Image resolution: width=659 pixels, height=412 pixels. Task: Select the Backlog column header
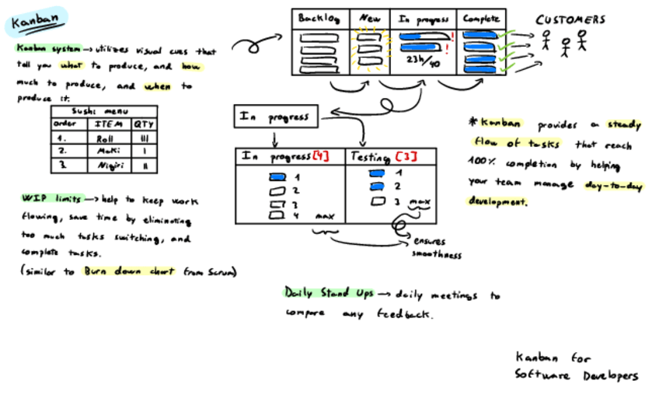[x=320, y=19]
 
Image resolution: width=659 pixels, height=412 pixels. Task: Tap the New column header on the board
[x=369, y=19]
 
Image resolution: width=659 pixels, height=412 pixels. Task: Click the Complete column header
[x=482, y=19]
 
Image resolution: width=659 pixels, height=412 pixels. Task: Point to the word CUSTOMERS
[x=570, y=20]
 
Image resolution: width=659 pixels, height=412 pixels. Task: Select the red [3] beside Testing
[x=409, y=156]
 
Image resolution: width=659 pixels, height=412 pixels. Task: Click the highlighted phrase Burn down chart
[x=131, y=272]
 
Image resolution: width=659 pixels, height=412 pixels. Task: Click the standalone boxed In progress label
[x=274, y=117]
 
